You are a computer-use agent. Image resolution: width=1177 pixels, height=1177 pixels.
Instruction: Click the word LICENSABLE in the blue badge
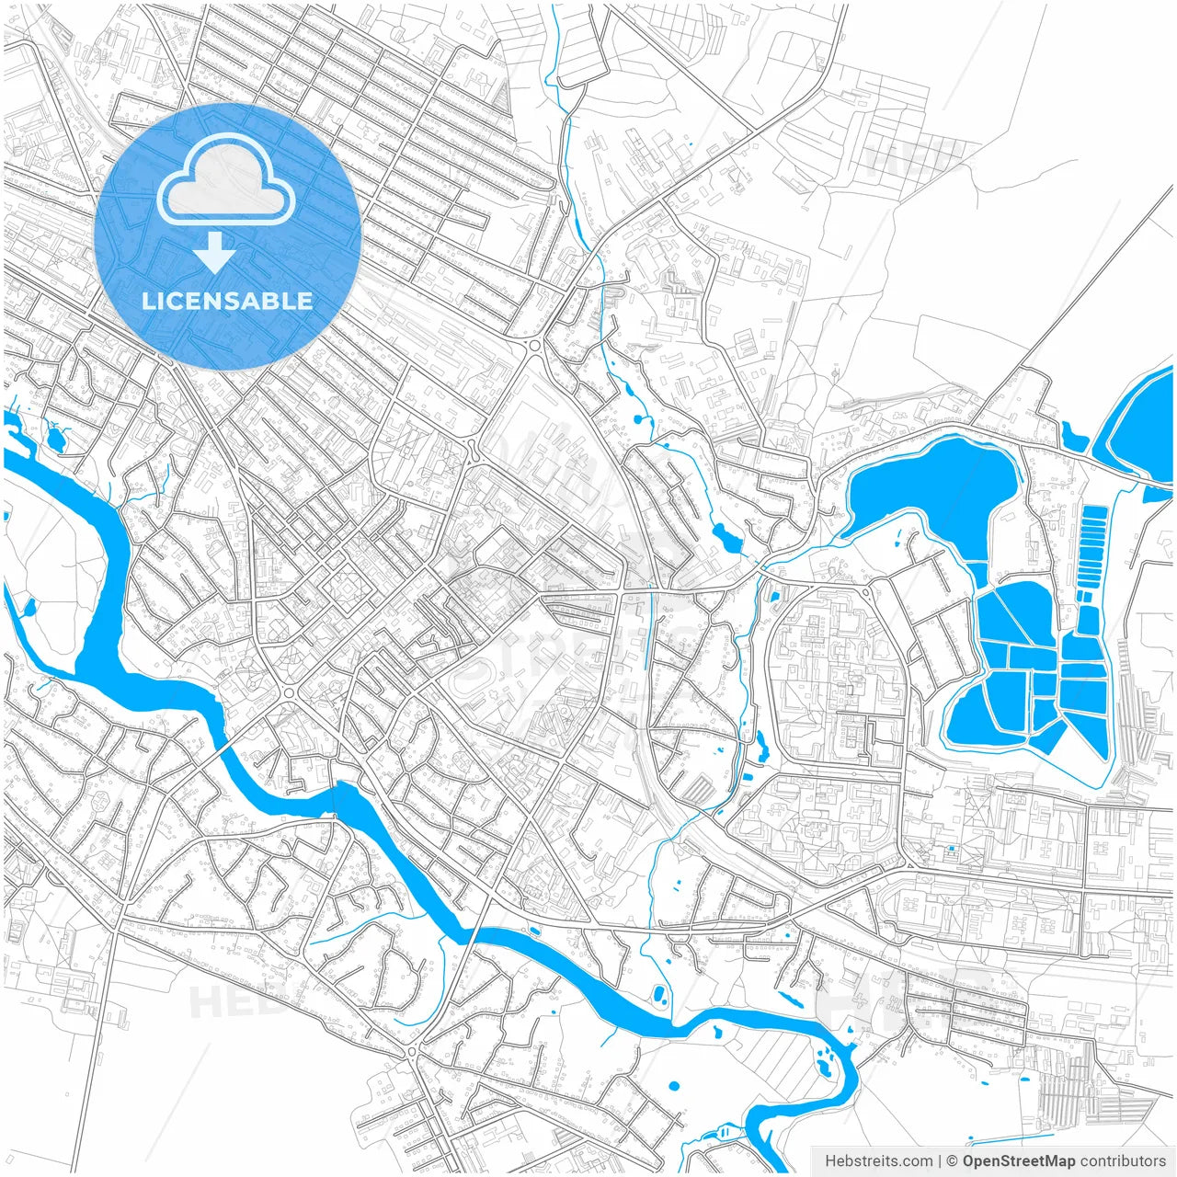(227, 301)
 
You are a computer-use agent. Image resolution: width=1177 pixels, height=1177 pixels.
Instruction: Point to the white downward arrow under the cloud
(215, 253)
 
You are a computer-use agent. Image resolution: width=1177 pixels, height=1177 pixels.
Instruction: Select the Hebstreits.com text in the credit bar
(878, 1161)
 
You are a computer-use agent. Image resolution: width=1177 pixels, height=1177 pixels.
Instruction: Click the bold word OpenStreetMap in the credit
(1019, 1161)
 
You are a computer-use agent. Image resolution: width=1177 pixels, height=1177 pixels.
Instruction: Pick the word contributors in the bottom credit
(1123, 1161)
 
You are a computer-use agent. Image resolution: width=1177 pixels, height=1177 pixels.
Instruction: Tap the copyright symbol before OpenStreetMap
(953, 1161)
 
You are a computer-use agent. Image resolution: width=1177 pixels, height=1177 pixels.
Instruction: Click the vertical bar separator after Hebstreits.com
(940, 1161)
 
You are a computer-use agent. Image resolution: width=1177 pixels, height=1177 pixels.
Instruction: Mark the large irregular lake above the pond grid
(933, 492)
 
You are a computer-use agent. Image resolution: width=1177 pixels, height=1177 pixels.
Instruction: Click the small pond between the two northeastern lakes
(1072, 435)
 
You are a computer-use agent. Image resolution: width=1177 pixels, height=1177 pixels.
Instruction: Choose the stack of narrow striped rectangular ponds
(1092, 547)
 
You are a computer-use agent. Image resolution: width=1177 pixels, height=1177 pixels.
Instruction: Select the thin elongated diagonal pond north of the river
(789, 998)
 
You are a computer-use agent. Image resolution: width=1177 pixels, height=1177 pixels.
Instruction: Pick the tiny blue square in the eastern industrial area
(951, 848)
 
